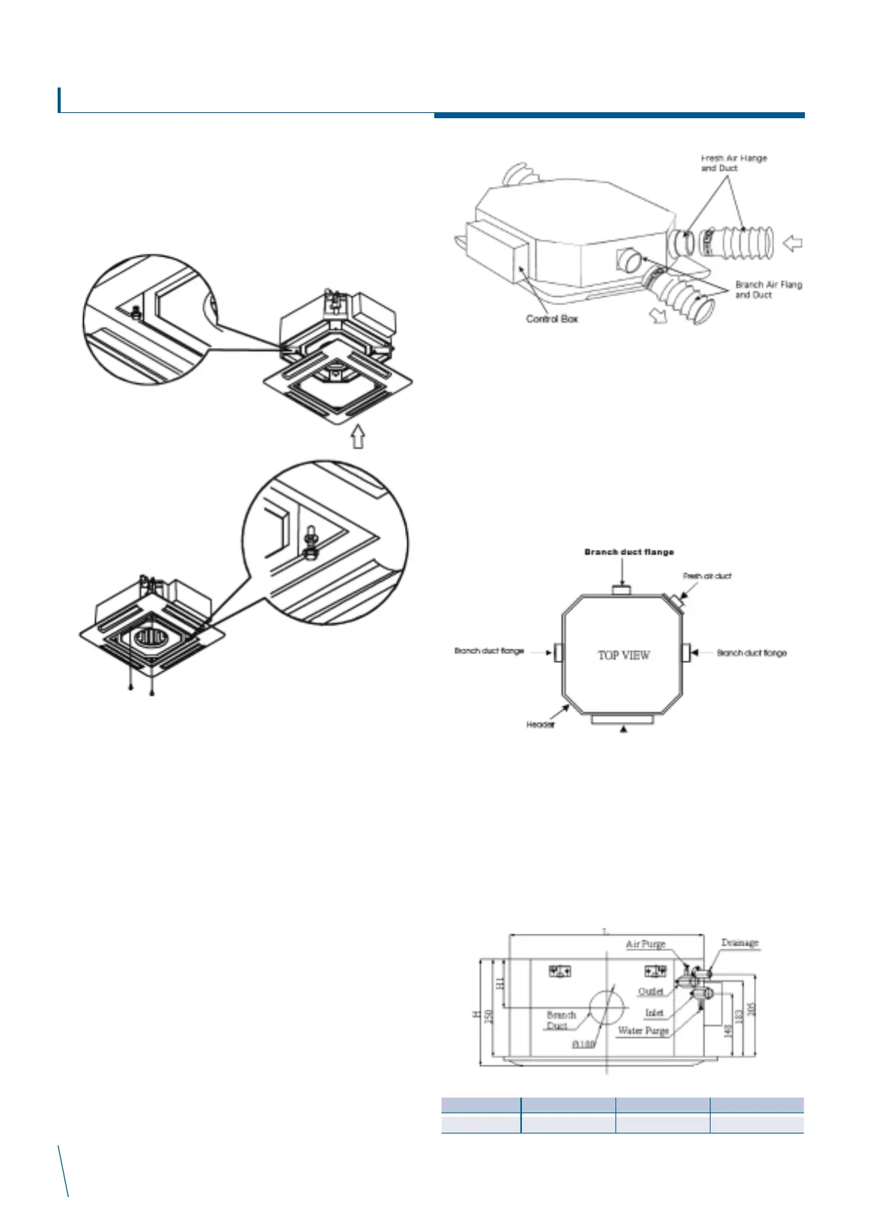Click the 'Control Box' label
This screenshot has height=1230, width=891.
pyautogui.click(x=552, y=319)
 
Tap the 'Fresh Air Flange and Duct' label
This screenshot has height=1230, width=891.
pyautogui.click(x=734, y=163)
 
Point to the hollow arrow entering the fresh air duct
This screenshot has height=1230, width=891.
pyautogui.click(x=792, y=242)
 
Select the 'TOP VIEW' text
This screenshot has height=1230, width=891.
pyautogui.click(x=624, y=655)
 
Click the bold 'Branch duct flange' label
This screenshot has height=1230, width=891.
pyautogui.click(x=629, y=552)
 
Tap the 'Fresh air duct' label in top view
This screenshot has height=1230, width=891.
pyautogui.click(x=707, y=576)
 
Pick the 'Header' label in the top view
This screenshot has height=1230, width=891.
pyautogui.click(x=540, y=726)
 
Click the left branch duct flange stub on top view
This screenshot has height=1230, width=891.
pyautogui.click(x=558, y=652)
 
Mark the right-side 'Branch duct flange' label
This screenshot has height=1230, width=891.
pyautogui.click(x=752, y=652)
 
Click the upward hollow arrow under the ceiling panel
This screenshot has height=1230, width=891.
pyautogui.click(x=359, y=436)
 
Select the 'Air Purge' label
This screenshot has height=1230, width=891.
pyautogui.click(x=645, y=944)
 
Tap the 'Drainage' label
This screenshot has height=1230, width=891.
pyautogui.click(x=740, y=943)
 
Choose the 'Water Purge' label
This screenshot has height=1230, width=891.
pyautogui.click(x=643, y=1031)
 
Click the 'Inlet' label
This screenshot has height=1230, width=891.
pyautogui.click(x=654, y=1012)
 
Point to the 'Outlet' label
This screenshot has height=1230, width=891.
pyautogui.click(x=651, y=991)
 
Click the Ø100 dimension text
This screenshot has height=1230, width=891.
pyautogui.click(x=583, y=1044)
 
